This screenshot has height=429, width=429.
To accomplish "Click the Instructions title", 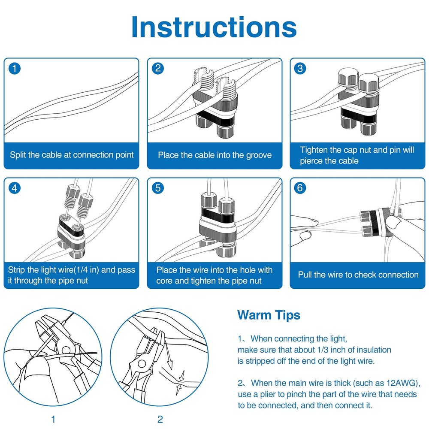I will [214, 27].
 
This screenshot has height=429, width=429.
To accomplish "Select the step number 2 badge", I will [158, 68].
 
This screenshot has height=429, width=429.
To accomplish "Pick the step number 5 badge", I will [158, 188].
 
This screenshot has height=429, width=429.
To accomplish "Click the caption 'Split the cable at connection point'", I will [72, 155].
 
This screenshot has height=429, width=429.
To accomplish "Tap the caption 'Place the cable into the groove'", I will [214, 155].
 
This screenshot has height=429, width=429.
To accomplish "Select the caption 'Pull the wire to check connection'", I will [358, 275].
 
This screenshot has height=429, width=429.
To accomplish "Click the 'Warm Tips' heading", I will [269, 315].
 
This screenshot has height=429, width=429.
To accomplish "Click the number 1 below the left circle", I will [53, 419].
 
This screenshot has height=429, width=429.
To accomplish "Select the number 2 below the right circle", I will [160, 419].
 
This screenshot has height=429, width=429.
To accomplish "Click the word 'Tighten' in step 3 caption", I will [314, 150].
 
